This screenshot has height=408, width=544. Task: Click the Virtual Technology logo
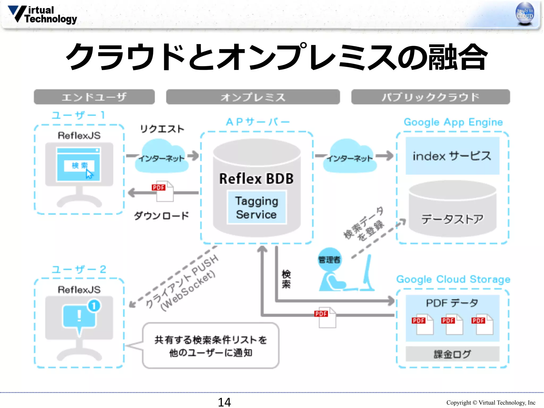42,15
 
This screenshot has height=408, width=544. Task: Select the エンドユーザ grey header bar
94,97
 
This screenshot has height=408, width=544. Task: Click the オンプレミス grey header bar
253,97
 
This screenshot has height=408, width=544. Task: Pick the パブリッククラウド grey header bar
430,97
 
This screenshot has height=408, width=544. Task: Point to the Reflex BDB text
256,178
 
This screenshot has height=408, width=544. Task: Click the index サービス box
452,156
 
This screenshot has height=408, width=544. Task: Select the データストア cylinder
452,210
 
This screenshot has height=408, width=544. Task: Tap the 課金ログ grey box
452,354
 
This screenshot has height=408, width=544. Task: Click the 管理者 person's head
329,259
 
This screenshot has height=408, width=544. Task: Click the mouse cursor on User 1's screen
89,174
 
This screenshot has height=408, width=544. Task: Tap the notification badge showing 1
94,306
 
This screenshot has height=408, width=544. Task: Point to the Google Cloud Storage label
453,279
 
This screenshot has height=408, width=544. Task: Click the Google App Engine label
453,122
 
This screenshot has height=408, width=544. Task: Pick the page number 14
224,402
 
